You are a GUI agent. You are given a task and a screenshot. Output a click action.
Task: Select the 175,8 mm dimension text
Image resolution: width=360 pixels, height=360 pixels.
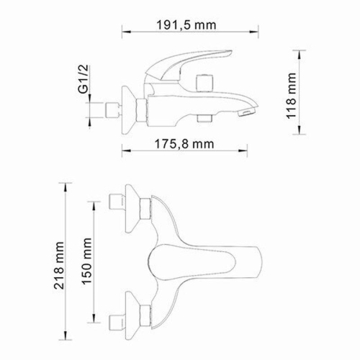coord(184,143)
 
